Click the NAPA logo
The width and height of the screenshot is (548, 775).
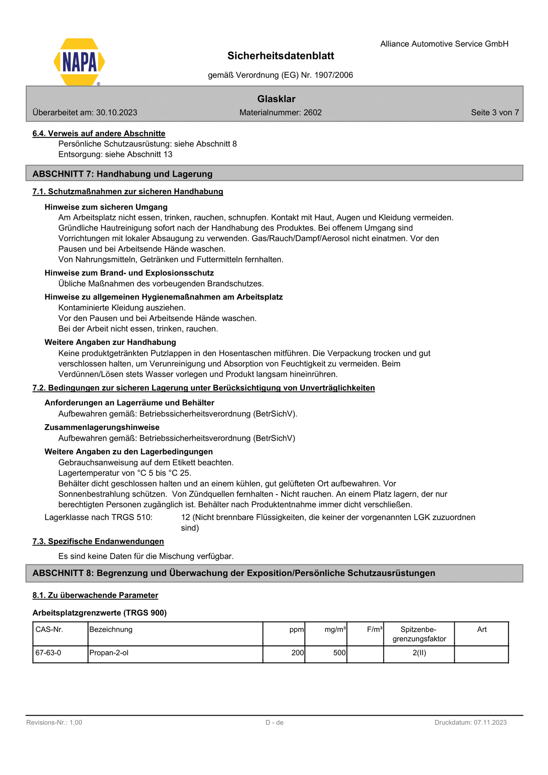(x=79, y=62)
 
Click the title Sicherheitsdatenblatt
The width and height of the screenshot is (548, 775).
(x=281, y=56)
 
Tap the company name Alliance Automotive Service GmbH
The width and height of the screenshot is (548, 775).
(x=444, y=44)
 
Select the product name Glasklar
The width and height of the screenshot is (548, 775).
(x=276, y=99)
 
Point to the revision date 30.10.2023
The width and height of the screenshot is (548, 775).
(x=116, y=113)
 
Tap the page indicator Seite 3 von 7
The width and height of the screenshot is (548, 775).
(x=495, y=113)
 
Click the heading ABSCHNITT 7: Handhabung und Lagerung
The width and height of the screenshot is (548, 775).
(x=122, y=174)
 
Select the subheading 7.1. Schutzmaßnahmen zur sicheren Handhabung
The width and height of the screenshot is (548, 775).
(x=128, y=192)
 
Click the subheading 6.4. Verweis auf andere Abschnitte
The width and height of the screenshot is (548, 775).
(x=99, y=134)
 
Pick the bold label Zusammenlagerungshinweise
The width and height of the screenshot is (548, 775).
(x=102, y=428)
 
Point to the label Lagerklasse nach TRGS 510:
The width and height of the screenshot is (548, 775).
(x=99, y=517)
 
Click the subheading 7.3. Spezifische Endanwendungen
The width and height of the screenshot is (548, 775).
(x=98, y=541)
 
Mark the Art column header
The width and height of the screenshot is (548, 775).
(x=482, y=630)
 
